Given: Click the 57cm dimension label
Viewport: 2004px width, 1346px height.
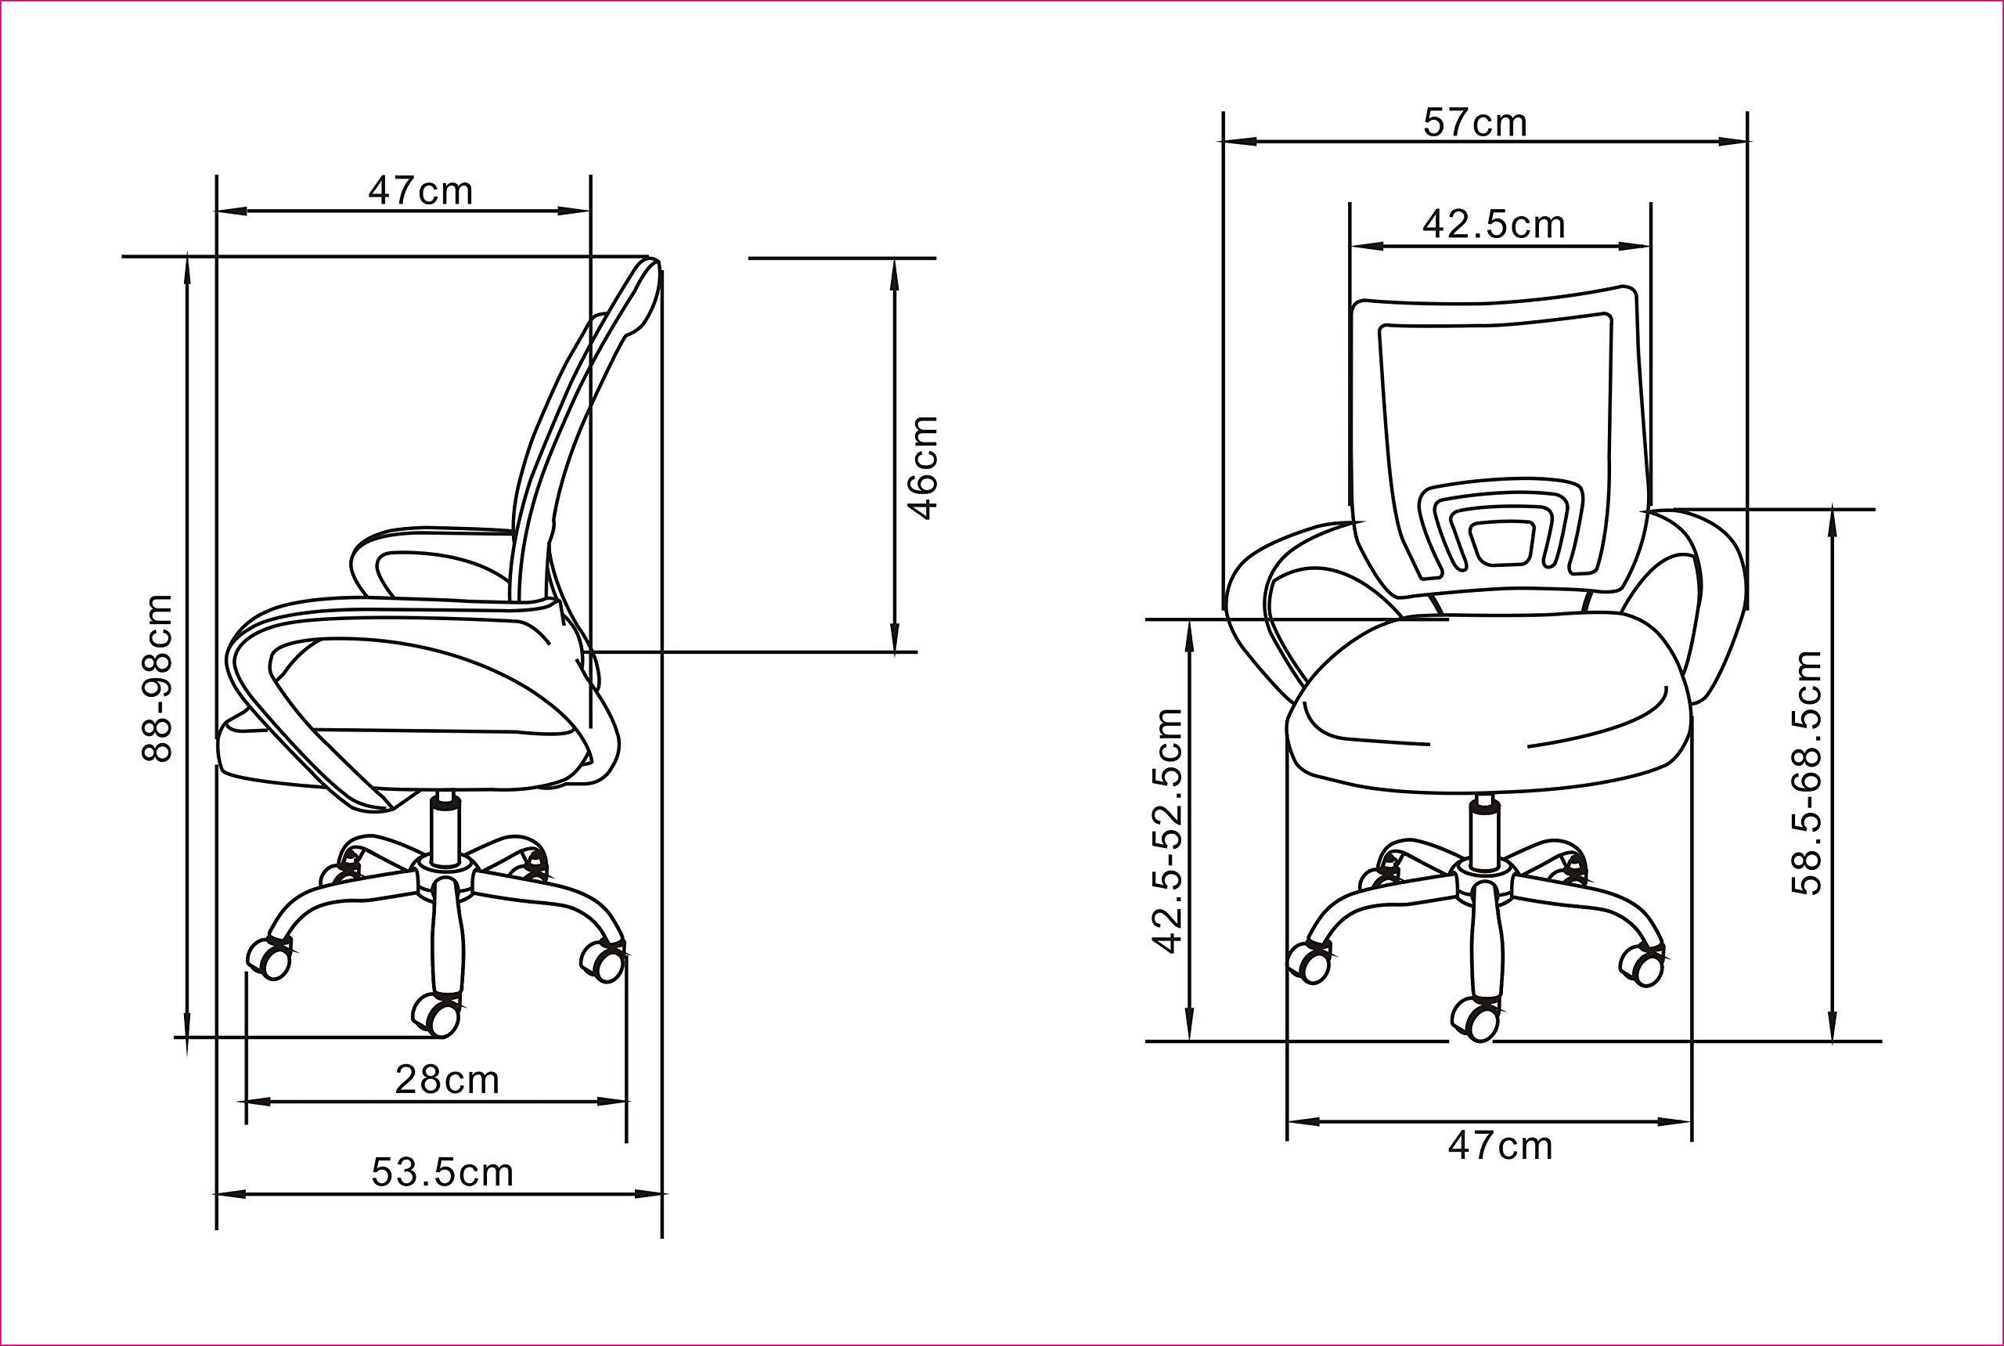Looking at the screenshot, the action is (x=1476, y=123).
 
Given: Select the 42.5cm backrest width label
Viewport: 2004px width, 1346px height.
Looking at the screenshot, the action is (x=1494, y=224).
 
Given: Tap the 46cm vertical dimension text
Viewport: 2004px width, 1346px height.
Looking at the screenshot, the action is (x=924, y=467).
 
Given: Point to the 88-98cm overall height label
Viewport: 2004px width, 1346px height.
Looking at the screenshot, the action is (x=157, y=678).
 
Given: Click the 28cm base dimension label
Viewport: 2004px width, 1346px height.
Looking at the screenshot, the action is (x=447, y=1080).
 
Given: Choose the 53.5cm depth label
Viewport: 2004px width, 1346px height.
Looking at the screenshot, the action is (x=442, y=1173).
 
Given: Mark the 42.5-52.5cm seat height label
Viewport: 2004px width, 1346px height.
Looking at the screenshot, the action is (x=1168, y=831).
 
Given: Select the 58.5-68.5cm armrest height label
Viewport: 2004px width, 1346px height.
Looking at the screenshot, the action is (x=1807, y=773).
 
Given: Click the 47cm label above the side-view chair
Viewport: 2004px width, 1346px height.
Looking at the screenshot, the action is (x=420, y=190).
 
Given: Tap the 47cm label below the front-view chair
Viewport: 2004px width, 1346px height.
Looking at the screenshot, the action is (x=1500, y=1146).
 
